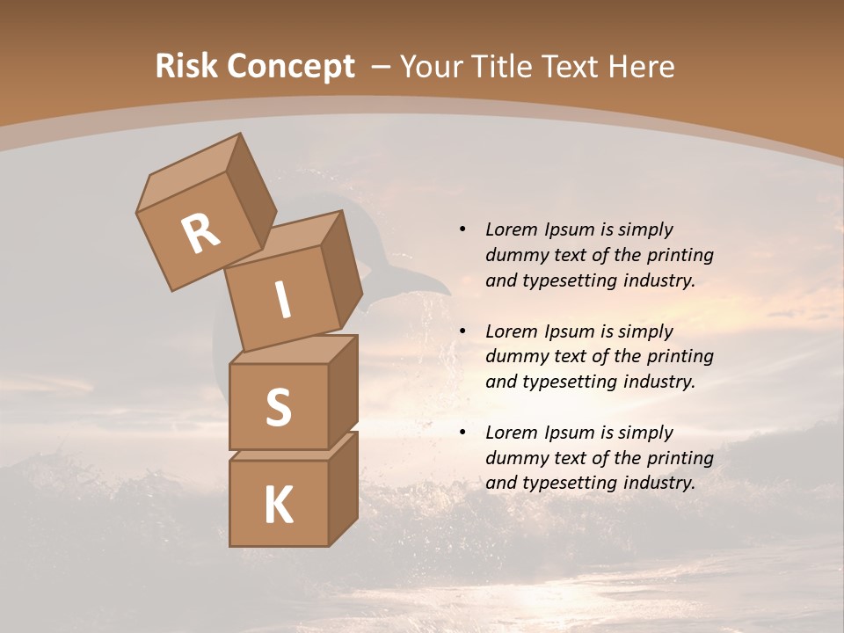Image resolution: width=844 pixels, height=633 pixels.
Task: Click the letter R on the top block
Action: click(200, 234)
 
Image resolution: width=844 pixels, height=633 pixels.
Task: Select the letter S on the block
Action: click(278, 407)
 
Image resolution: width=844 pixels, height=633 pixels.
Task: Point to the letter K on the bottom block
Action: click(278, 505)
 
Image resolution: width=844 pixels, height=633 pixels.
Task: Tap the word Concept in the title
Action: click(289, 67)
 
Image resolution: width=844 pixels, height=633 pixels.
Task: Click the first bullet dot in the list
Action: click(462, 229)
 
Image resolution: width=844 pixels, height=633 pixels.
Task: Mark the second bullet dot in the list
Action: click(462, 331)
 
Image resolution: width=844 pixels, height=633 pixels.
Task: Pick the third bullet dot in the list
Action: click(462, 433)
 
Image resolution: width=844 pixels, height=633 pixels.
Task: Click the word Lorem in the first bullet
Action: click(512, 229)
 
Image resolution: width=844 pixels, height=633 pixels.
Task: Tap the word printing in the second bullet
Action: click(680, 356)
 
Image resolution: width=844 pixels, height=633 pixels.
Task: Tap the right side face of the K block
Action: click(343, 488)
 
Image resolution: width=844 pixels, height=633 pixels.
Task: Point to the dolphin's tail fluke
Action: click(422, 283)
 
